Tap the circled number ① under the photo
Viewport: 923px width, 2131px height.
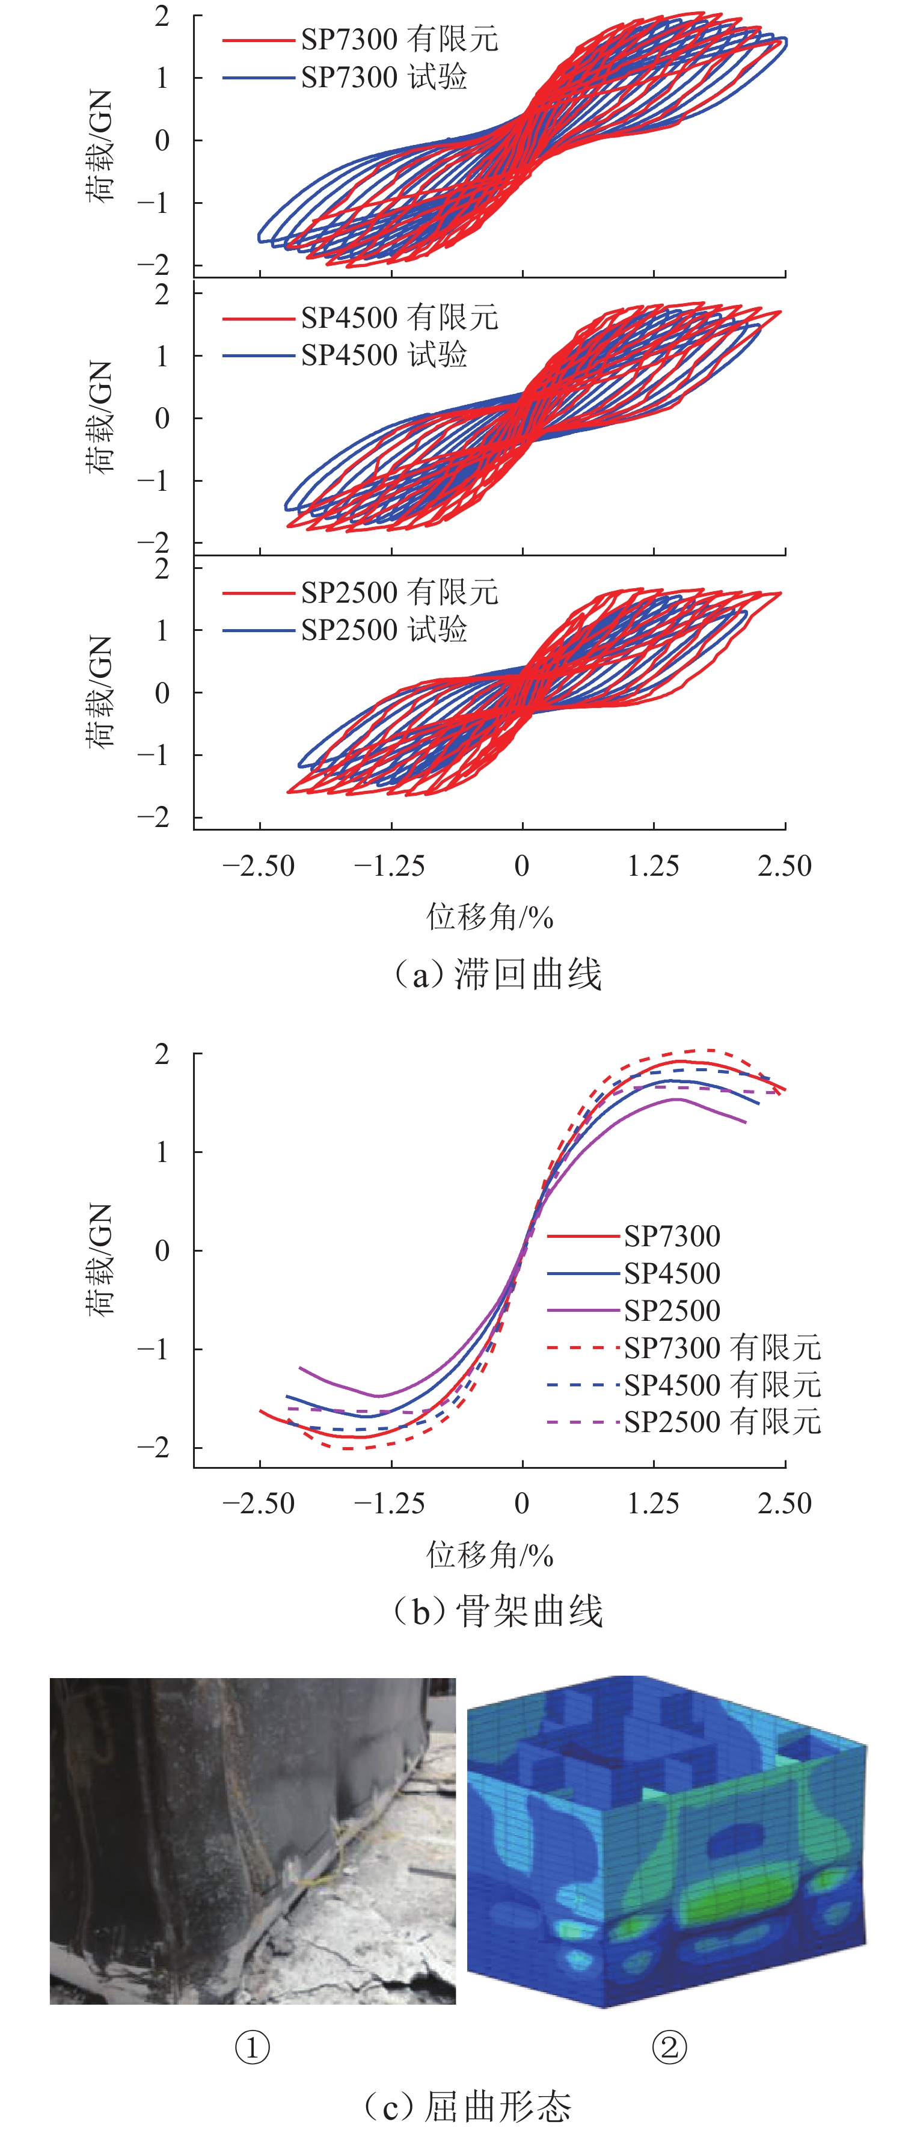tap(253, 2048)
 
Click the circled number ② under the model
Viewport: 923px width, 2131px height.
tap(669, 2048)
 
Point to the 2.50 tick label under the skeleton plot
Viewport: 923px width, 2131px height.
tap(784, 1503)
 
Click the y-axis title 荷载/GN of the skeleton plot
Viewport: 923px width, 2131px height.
tap(99, 1259)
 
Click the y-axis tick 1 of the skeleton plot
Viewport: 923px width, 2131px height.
tap(162, 1152)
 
